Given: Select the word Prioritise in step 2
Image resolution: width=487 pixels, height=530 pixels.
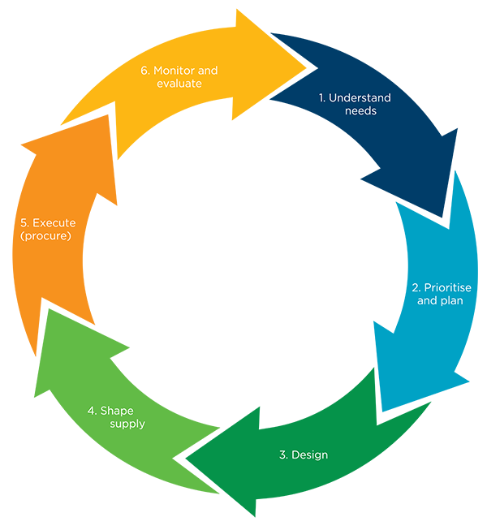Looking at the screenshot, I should pyautogui.click(x=447, y=288).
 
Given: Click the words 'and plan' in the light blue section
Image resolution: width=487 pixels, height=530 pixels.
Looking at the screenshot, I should pyautogui.click(x=441, y=301).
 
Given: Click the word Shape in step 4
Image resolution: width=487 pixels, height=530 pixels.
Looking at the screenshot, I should pyautogui.click(x=122, y=411).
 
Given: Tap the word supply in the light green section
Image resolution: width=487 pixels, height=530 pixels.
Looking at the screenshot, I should pyautogui.click(x=127, y=424).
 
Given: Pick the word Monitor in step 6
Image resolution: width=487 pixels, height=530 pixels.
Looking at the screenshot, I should pyautogui.click(x=179, y=71).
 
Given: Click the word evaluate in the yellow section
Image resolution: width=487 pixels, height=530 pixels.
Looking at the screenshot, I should pyautogui.click(x=179, y=84).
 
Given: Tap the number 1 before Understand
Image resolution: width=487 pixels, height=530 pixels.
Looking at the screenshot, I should pyautogui.click(x=321, y=98).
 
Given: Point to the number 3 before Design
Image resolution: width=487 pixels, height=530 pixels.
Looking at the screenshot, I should pyautogui.click(x=282, y=455).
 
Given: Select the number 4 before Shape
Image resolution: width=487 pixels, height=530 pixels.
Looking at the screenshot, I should pyautogui.click(x=92, y=411).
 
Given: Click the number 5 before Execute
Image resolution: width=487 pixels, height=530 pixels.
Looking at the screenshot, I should pyautogui.click(x=24, y=222).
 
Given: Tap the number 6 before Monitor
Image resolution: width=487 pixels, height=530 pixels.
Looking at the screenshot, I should pyautogui.click(x=144, y=71).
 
